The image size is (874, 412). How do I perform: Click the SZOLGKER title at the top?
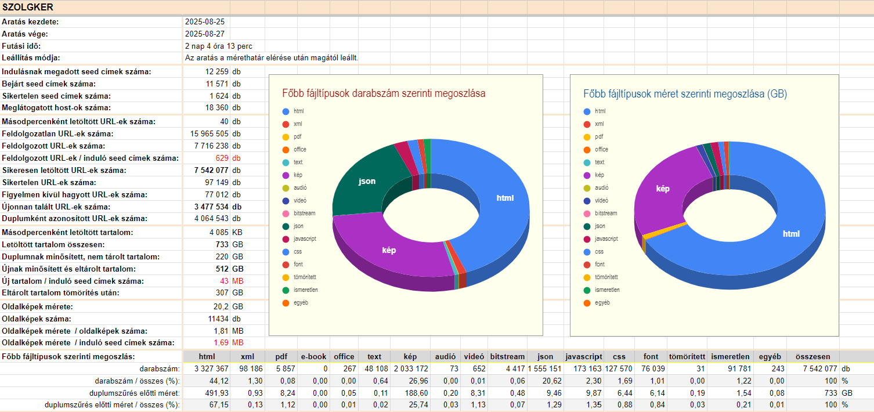click(x=28, y=8)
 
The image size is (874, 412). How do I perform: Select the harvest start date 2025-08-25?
click(x=205, y=21)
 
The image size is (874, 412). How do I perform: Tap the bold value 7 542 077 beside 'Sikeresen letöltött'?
click(x=210, y=170)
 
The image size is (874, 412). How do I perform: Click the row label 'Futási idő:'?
click(x=21, y=46)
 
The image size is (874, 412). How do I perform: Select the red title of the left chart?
click(x=384, y=93)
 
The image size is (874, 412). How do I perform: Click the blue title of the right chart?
click(x=685, y=93)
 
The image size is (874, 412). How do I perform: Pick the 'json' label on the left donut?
click(x=367, y=181)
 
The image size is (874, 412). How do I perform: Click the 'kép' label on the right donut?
click(x=663, y=189)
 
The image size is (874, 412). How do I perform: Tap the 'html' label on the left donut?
click(x=505, y=198)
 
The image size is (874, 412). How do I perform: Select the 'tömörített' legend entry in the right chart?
click(x=606, y=277)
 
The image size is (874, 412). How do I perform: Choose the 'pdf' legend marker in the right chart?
click(x=587, y=137)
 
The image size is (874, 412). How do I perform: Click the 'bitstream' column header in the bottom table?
click(x=507, y=356)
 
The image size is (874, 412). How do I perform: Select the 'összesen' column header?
click(x=812, y=356)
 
